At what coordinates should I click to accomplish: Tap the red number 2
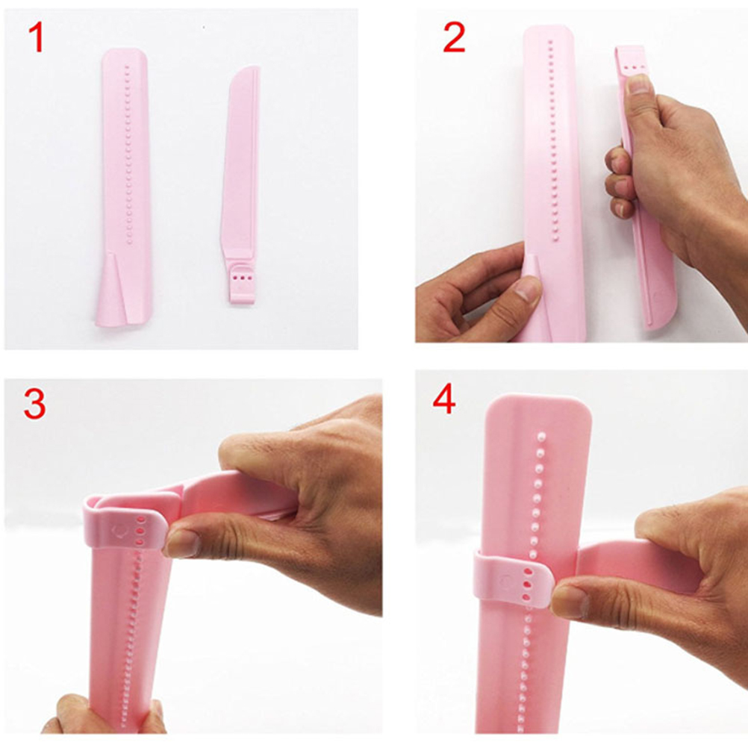click(x=454, y=37)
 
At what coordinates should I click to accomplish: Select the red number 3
click(x=35, y=405)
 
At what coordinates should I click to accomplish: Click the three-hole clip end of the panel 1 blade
click(x=241, y=284)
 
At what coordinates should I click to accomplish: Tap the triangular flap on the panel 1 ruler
click(x=113, y=289)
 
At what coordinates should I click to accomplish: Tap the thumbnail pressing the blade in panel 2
click(x=638, y=84)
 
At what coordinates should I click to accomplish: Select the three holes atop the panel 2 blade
click(x=632, y=68)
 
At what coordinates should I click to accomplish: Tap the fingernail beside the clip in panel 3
click(x=181, y=543)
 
